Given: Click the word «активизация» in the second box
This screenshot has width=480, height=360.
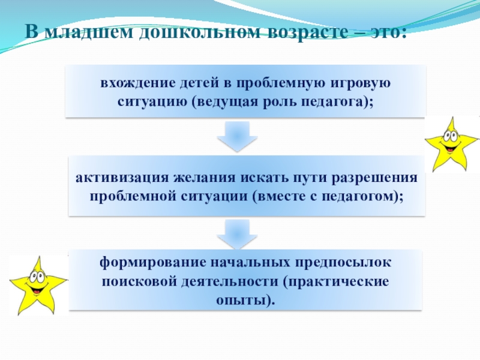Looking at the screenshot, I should pyautogui.click(x=121, y=178).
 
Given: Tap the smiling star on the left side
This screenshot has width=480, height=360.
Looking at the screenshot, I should pyautogui.click(x=37, y=284).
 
